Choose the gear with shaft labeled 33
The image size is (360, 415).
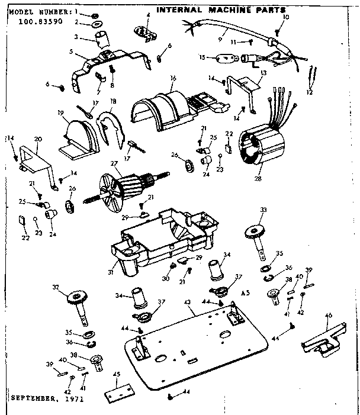tap(259, 234)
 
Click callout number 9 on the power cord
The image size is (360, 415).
tap(219, 38)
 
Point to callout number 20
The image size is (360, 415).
tap(38, 139)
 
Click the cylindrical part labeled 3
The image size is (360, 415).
tap(102, 41)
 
